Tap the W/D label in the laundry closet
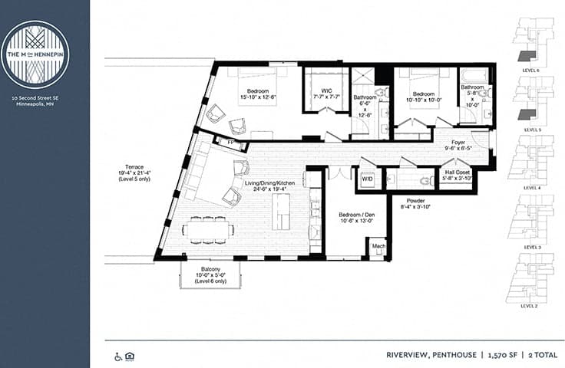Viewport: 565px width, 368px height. click(367, 179)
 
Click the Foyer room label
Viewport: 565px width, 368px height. click(458, 141)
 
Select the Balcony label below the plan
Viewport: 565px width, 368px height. click(210, 269)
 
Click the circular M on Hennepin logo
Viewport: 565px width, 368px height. click(35, 54)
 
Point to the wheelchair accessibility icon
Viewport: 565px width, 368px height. click(118, 356)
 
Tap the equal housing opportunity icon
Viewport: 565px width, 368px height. click(130, 356)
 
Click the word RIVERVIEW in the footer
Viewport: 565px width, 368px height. click(410, 356)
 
